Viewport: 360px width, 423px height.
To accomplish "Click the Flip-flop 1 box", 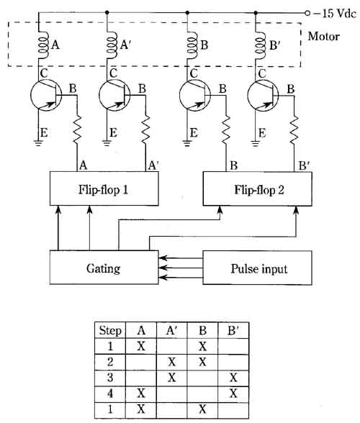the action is pyautogui.click(x=104, y=188).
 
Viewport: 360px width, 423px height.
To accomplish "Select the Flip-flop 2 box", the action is pyautogui.click(x=257, y=189).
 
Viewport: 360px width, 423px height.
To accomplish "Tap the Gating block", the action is pyautogui.click(x=104, y=268).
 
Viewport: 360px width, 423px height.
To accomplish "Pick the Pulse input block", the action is pyautogui.click(x=257, y=268).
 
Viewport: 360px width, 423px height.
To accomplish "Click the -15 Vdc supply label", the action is pyautogui.click(x=335, y=13).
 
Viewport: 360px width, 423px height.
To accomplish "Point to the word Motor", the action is pyautogui.click(x=323, y=37).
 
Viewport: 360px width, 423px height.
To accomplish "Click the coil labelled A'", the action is pyautogui.click(x=112, y=45).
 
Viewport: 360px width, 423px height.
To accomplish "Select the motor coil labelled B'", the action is pyautogui.click(x=261, y=45).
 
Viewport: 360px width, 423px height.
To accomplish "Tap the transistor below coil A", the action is pyautogui.click(x=46, y=95).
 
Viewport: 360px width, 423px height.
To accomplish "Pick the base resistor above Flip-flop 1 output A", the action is pyautogui.click(x=77, y=129).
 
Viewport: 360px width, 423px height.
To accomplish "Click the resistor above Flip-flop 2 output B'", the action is pyautogui.click(x=294, y=130).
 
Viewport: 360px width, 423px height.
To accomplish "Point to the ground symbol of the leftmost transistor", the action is pyautogui.click(x=38, y=142).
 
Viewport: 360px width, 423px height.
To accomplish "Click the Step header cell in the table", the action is pyautogui.click(x=110, y=330).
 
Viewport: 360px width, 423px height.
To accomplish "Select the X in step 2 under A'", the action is pyautogui.click(x=172, y=362).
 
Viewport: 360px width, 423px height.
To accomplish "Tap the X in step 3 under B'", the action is pyautogui.click(x=233, y=378).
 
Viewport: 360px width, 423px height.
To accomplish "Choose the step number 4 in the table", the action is pyautogui.click(x=110, y=394).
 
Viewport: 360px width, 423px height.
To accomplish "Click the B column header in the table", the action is pyautogui.click(x=202, y=330).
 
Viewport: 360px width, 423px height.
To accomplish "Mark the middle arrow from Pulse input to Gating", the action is pyautogui.click(x=181, y=268).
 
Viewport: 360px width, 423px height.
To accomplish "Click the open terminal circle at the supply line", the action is pyautogui.click(x=307, y=13).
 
